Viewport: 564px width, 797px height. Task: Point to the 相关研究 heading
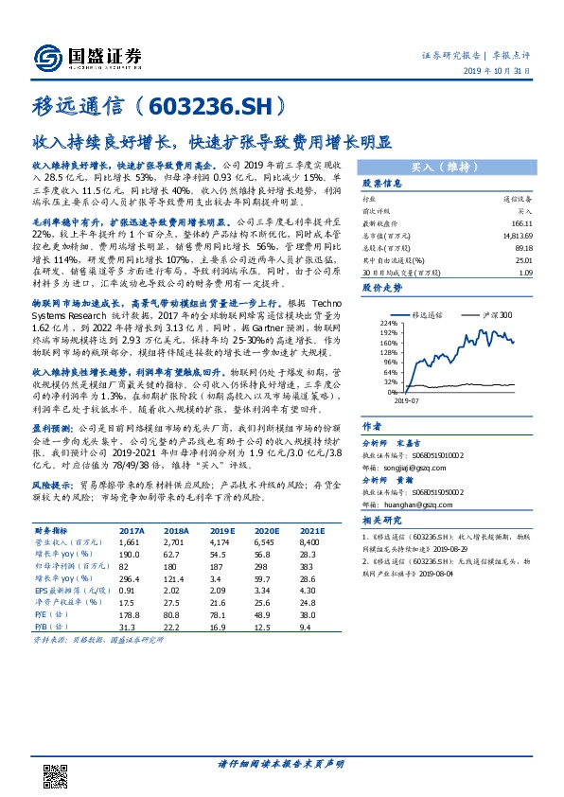click(x=383, y=521)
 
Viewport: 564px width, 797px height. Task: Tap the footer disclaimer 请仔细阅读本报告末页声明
click(x=282, y=764)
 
